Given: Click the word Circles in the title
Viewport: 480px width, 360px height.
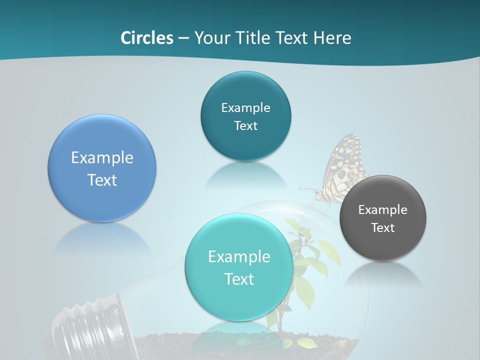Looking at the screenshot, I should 147,38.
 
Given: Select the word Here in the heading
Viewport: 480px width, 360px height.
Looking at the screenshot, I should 332,38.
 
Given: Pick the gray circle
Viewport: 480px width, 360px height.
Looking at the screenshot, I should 383,245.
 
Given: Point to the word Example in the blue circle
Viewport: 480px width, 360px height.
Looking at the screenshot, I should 102,158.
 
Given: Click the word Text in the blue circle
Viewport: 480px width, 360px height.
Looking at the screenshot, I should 102,180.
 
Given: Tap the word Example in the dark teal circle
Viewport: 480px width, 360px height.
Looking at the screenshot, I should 245,108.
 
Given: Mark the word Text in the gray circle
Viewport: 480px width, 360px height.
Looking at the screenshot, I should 383,228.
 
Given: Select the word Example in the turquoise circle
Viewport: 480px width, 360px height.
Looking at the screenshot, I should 239,257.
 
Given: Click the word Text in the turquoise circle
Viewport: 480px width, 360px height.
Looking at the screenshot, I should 239,279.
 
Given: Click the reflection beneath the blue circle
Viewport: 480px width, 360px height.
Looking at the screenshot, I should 102,237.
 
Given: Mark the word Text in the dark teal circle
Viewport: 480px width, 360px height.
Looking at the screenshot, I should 245,126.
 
